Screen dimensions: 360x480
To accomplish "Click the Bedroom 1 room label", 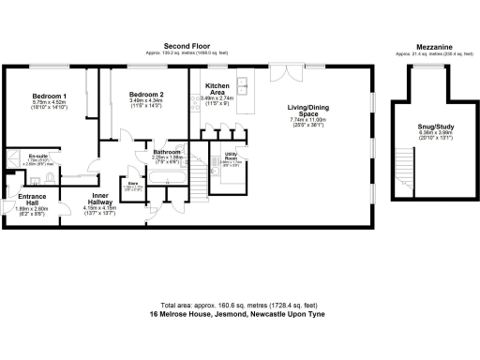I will point(50,97).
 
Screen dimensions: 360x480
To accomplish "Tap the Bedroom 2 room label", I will point(146,95).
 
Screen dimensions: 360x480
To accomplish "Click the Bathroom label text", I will point(167,151).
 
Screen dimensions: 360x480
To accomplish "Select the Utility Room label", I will point(231,157).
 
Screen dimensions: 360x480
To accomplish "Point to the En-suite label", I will point(37,155).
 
